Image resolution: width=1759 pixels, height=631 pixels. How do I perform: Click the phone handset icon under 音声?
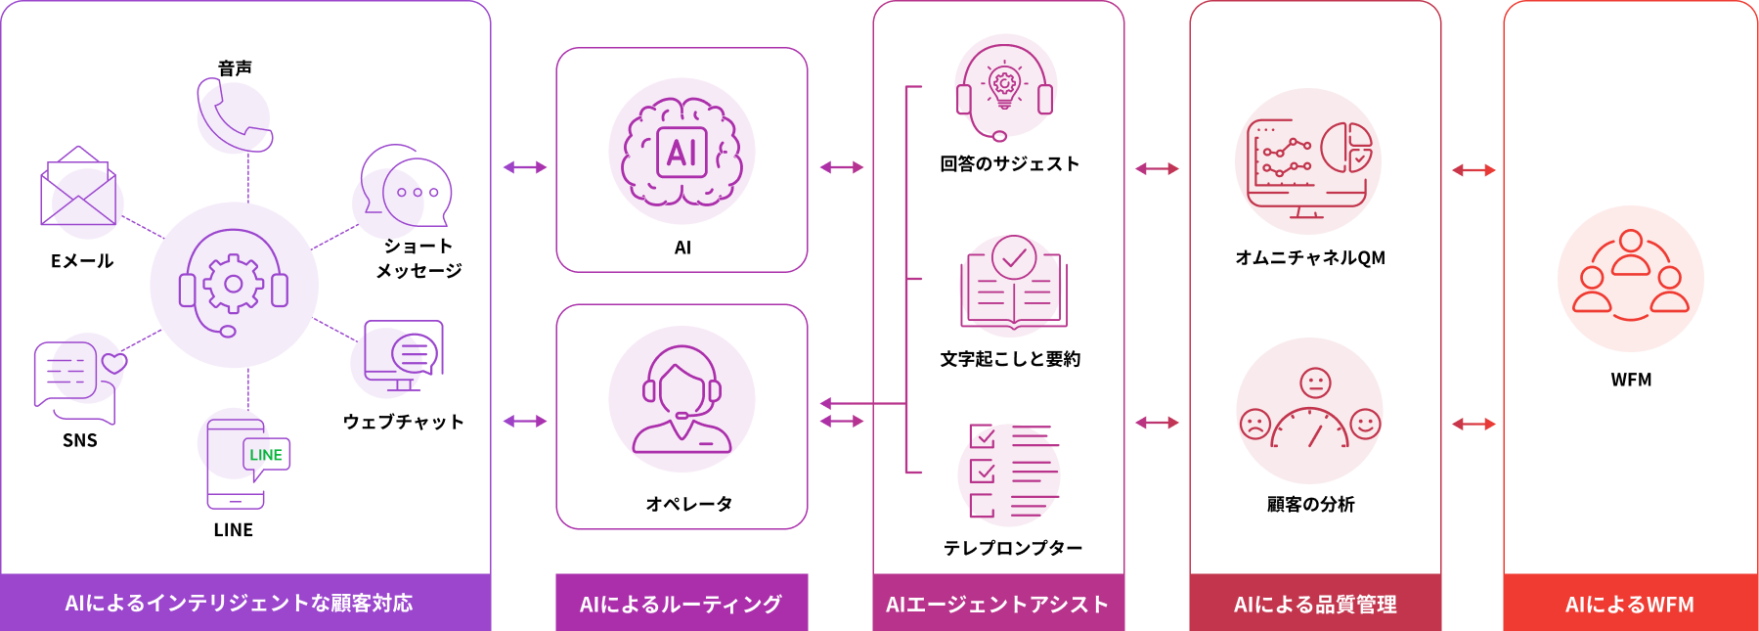[234, 115]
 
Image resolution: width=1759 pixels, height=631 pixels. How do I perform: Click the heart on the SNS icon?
[114, 363]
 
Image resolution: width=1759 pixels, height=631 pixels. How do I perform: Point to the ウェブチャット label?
[403, 422]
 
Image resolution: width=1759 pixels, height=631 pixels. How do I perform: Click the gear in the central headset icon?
[234, 284]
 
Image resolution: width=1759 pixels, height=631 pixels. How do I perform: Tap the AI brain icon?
[682, 152]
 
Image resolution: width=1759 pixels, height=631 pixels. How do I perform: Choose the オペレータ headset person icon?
[682, 399]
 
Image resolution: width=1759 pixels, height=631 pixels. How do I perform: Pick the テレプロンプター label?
[1013, 548]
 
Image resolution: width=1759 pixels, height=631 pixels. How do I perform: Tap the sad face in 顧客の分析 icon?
[1255, 424]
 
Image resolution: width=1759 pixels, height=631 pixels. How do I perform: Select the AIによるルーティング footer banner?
[682, 603]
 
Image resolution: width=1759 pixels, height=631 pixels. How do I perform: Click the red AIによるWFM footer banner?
[1631, 603]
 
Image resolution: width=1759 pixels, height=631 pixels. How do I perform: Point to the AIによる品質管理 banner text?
[1315, 605]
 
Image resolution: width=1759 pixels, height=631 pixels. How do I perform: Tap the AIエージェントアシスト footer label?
[997, 605]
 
